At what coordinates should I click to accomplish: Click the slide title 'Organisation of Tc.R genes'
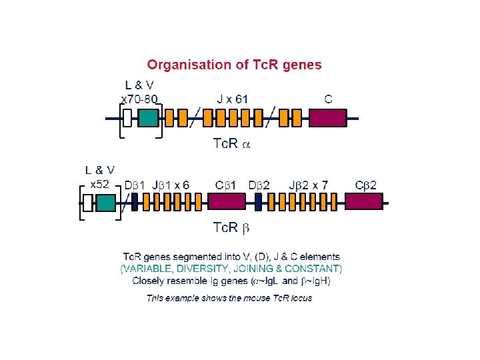234,65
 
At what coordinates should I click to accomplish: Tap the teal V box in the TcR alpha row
149,118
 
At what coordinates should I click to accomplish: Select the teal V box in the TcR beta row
106,202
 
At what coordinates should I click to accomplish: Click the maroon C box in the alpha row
329,118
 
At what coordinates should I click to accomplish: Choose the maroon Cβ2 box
363,201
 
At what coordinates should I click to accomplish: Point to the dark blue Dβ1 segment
134,201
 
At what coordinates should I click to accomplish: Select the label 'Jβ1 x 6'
171,184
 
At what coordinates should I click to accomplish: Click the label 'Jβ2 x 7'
309,184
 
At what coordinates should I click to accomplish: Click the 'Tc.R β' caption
231,228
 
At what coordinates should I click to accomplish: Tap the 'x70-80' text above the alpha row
139,99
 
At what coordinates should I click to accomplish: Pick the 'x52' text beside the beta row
99,183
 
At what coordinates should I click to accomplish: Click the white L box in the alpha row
127,118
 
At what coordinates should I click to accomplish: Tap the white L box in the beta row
87,202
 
